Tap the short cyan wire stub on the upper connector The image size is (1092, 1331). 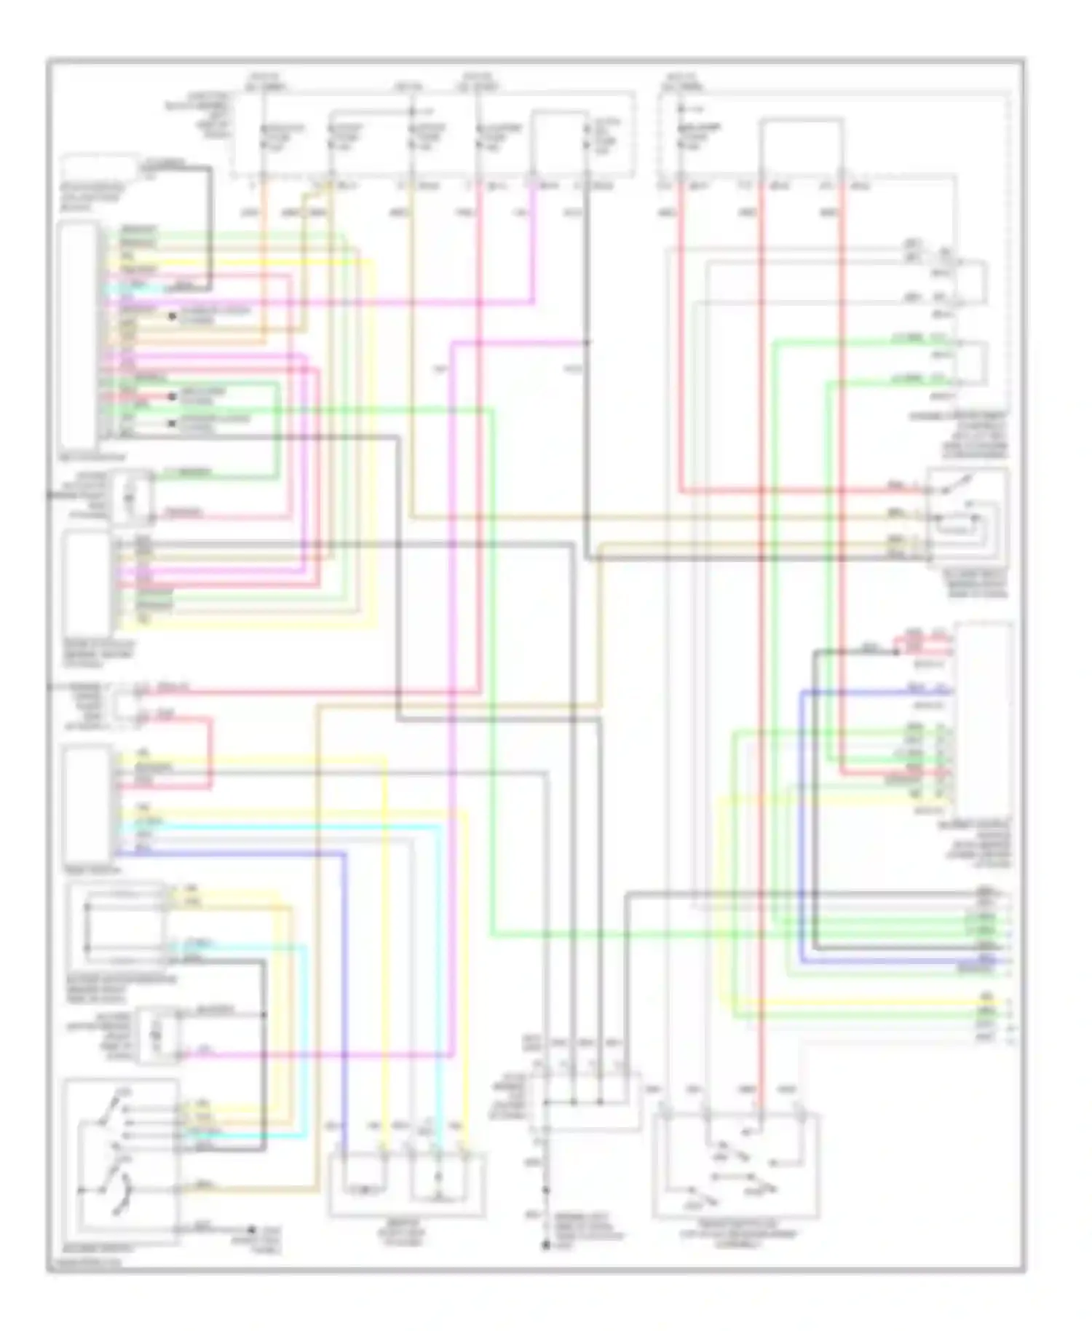click(116, 290)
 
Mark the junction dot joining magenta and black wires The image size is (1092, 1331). click(587, 341)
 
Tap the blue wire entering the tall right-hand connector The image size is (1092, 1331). click(874, 690)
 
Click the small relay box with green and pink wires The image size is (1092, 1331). click(131, 497)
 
